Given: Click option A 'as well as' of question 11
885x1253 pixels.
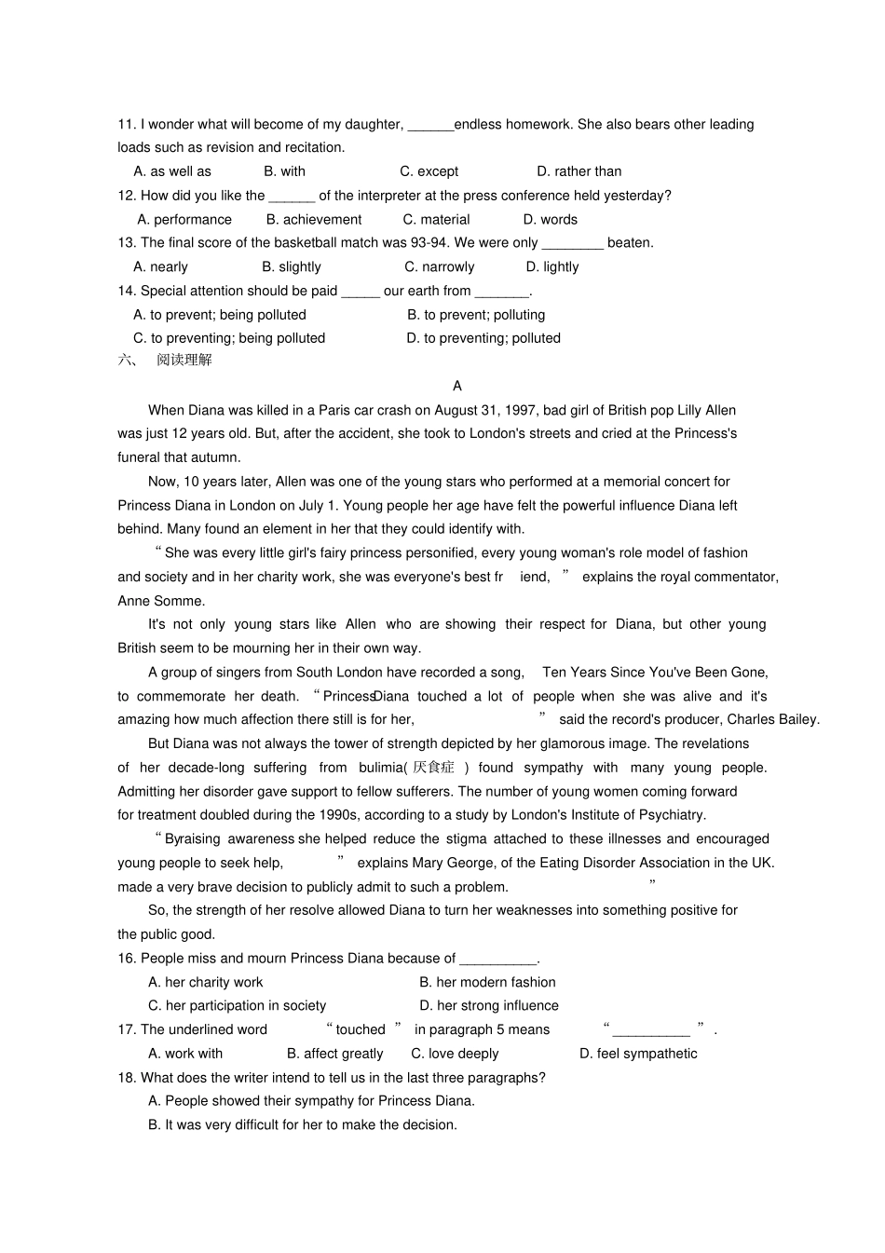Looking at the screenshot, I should pyautogui.click(x=172, y=171).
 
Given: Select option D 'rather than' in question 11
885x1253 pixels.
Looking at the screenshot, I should pyautogui.click(x=579, y=171).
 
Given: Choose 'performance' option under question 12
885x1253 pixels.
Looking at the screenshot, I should pyautogui.click(x=184, y=220).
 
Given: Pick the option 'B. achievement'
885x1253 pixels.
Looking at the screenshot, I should pyautogui.click(x=314, y=220).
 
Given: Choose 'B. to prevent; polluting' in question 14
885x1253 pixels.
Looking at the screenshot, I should pyautogui.click(x=476, y=315).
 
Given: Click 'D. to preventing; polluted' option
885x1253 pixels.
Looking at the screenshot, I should pyautogui.click(x=483, y=338).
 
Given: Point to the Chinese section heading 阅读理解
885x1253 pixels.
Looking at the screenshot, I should pyautogui.click(x=184, y=360).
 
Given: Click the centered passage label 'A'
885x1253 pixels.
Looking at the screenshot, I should pyautogui.click(x=456, y=386).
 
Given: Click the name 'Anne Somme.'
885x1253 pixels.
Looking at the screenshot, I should pyautogui.click(x=161, y=601).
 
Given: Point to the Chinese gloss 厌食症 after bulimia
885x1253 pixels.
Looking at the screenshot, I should pyautogui.click(x=433, y=768).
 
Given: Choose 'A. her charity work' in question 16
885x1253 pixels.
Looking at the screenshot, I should pyautogui.click(x=205, y=982).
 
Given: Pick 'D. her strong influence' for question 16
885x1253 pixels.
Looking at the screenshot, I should pyautogui.click(x=488, y=1006).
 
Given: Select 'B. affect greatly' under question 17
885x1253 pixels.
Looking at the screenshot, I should pyautogui.click(x=334, y=1054).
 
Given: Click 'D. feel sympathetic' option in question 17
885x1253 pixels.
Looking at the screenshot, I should pyautogui.click(x=637, y=1054).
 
